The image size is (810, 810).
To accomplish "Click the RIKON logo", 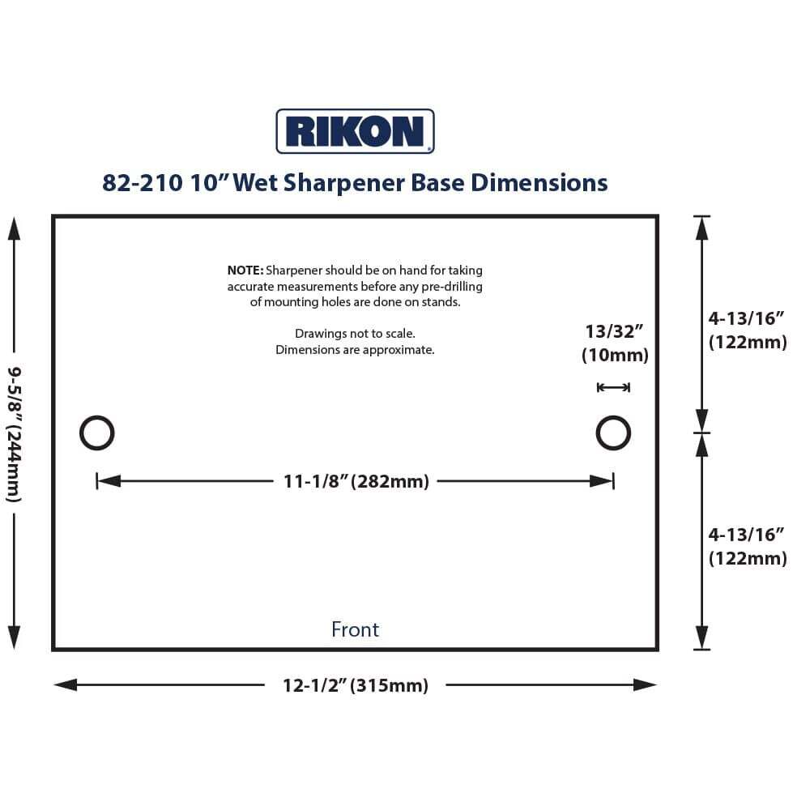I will click(355, 131).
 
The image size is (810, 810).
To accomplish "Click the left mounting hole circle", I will click(96, 433).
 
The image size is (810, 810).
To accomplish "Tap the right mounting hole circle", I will click(613, 433).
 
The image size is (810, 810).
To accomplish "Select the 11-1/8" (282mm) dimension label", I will click(356, 481).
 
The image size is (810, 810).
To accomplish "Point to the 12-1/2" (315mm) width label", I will click(355, 685).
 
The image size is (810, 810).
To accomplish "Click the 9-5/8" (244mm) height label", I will click(14, 433).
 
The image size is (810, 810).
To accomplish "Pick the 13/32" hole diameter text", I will click(614, 331).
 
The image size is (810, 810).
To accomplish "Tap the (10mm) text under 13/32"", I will click(615, 355).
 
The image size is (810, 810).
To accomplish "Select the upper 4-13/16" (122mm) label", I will click(747, 330).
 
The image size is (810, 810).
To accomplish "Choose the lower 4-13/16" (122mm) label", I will click(747, 546).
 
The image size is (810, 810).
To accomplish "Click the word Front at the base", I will click(355, 629).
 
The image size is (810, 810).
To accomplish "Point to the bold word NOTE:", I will click(245, 271).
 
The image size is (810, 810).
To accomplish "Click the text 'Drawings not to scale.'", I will click(355, 334).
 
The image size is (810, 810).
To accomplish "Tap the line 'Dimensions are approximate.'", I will click(355, 350).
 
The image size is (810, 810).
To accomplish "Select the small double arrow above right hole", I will click(613, 388).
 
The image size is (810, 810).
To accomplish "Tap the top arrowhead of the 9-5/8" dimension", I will click(14, 228).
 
